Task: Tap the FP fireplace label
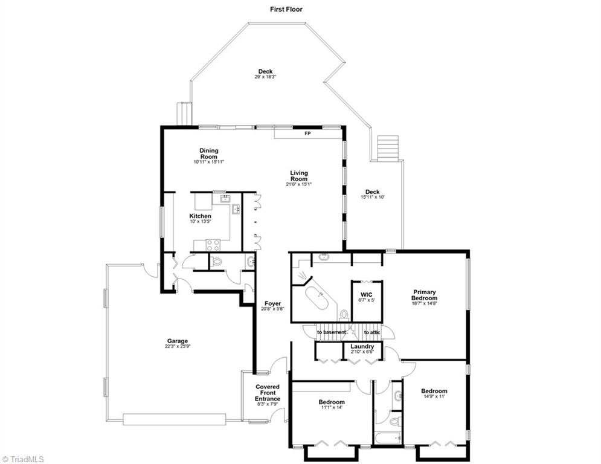tap(307, 133)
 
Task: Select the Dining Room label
tap(209, 154)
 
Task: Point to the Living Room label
tap(298, 176)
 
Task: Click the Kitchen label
tap(201, 216)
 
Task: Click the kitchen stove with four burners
tap(213, 245)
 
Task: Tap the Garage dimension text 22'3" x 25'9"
tap(178, 347)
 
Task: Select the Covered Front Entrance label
tap(268, 393)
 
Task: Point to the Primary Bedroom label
tap(424, 295)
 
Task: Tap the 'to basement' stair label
tap(332, 332)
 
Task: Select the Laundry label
tap(362, 346)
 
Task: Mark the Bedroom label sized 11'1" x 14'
tap(332, 402)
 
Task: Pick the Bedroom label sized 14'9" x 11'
tap(434, 391)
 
